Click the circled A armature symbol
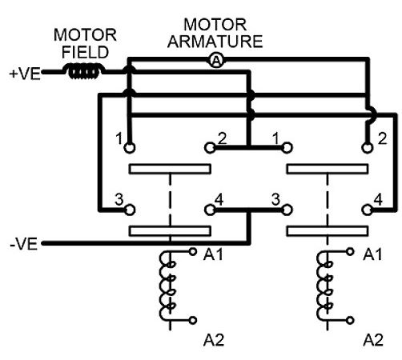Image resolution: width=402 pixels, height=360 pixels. [216, 61]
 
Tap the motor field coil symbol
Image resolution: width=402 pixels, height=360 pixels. [84, 71]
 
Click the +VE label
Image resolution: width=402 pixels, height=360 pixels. [25, 74]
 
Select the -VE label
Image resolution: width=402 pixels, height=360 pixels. [24, 244]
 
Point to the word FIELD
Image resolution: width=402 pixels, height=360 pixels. [85, 52]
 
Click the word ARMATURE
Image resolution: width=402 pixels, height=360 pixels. [215, 42]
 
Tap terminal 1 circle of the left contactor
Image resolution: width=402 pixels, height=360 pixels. [130, 147]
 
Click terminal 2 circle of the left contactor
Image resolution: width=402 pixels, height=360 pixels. [210, 147]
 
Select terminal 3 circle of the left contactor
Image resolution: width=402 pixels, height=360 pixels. [130, 210]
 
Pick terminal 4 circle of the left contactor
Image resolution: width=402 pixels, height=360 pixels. [210, 210]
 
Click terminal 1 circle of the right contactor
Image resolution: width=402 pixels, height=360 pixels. [287, 147]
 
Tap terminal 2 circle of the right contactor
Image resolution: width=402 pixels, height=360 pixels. [368, 147]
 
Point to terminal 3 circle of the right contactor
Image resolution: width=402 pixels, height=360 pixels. [287, 210]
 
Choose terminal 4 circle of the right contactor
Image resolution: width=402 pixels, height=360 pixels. [368, 210]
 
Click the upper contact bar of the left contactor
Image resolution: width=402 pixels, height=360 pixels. [170, 169]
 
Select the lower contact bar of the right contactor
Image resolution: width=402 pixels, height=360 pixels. [328, 231]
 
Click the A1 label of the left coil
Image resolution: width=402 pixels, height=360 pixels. [213, 254]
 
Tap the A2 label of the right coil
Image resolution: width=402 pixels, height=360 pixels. [373, 340]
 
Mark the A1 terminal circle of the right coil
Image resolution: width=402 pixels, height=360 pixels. [350, 252]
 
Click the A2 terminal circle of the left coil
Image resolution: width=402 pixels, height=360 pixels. [193, 320]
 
